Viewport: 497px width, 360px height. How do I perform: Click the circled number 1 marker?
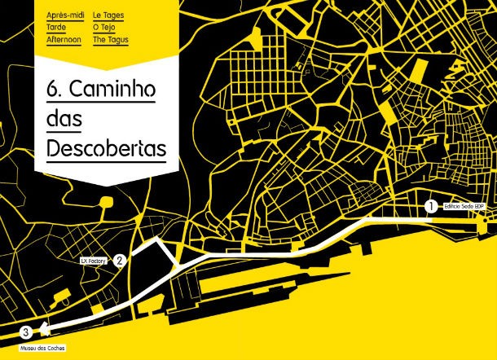click(x=430, y=207)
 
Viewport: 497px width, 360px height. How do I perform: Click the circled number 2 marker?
click(x=119, y=261)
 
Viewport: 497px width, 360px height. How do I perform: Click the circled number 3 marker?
click(x=26, y=332)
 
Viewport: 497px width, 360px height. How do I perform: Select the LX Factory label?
click(x=95, y=261)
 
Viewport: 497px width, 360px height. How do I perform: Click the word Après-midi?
click(x=64, y=15)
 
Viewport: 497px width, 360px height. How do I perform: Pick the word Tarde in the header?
click(x=57, y=27)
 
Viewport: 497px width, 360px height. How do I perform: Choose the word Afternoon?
click(x=64, y=39)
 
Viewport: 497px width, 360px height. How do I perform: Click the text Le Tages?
click(x=108, y=15)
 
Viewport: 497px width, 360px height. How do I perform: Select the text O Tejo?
click(x=107, y=27)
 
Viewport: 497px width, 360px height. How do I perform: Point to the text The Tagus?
click(x=111, y=39)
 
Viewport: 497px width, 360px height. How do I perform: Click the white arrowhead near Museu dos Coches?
click(x=42, y=331)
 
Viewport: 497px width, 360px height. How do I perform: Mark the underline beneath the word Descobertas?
click(x=106, y=162)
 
